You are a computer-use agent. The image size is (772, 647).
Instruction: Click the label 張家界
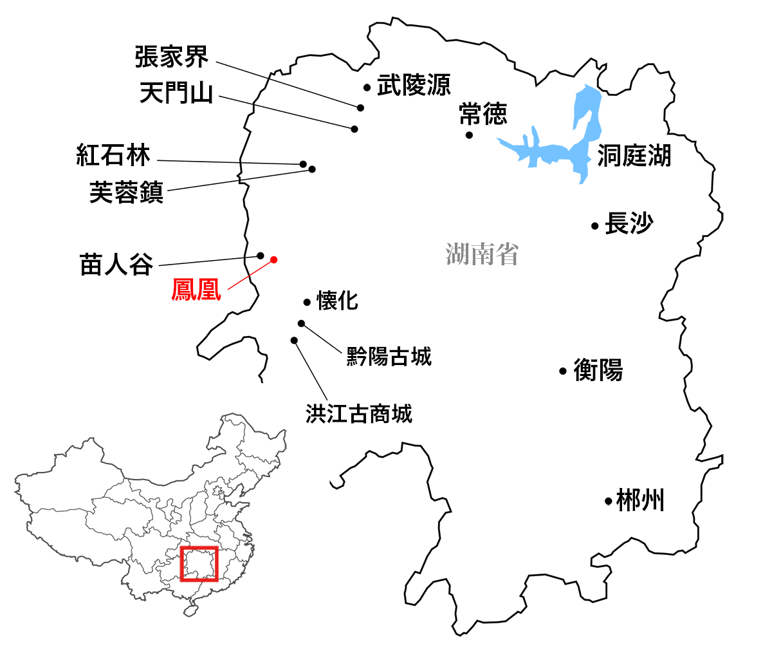[172, 57]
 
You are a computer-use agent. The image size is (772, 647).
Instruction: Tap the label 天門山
[176, 93]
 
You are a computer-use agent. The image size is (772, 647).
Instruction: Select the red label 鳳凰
[196, 290]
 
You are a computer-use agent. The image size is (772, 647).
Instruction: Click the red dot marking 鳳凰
[273, 259]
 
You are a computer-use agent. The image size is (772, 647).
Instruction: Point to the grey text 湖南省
[482, 254]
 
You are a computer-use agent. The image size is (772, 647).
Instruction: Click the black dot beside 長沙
[595, 226]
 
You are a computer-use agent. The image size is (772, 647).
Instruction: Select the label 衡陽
[598, 370]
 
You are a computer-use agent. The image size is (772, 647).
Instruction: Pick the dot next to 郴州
[608, 501]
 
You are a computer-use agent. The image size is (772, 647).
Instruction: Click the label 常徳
[483, 115]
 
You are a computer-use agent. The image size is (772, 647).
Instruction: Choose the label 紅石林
[113, 155]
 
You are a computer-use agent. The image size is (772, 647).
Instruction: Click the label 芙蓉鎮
[126, 192]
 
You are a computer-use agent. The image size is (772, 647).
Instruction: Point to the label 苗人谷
[116, 265]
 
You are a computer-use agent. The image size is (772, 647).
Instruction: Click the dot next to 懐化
[307, 302]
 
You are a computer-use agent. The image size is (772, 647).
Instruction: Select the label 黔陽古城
[389, 356]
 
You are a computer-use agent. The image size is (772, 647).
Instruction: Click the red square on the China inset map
[199, 563]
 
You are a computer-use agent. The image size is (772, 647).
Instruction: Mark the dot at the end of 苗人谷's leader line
[261, 256]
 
